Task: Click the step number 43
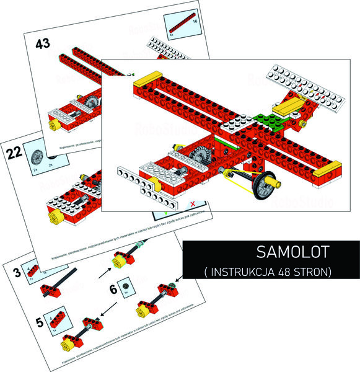pos(43,44)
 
